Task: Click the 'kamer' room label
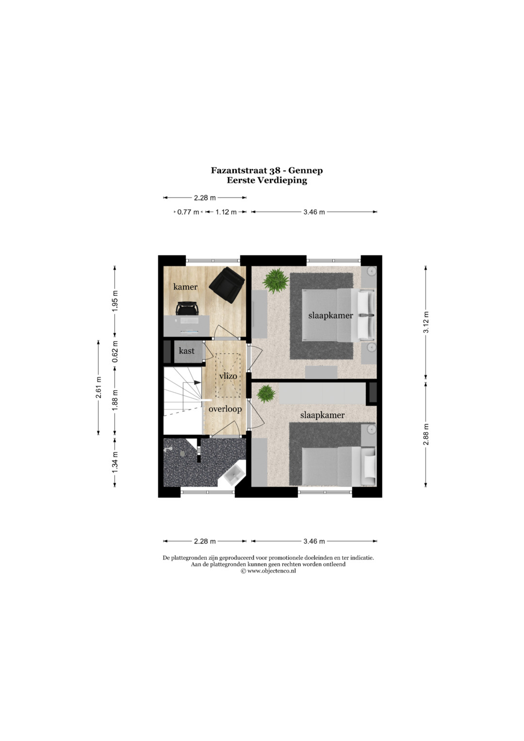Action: (x=185, y=286)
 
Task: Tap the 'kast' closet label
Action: (x=187, y=351)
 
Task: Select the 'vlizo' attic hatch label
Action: (x=228, y=376)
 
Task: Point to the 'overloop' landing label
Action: (x=225, y=409)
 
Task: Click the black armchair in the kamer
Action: (x=227, y=285)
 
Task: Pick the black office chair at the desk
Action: (x=187, y=308)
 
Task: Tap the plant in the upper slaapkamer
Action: (x=275, y=281)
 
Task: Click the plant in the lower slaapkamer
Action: (x=266, y=393)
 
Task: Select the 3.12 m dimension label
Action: (x=426, y=323)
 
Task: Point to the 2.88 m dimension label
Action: (x=426, y=434)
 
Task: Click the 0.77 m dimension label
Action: (x=188, y=212)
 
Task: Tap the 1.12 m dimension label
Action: (x=226, y=212)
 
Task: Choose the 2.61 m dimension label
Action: (x=98, y=387)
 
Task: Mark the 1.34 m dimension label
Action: (x=115, y=463)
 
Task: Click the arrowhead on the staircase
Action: (x=197, y=382)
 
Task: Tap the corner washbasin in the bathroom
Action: (x=234, y=475)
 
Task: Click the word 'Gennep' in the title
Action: (x=305, y=171)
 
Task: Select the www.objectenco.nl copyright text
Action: (x=268, y=571)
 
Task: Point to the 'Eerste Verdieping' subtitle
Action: (x=267, y=181)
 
